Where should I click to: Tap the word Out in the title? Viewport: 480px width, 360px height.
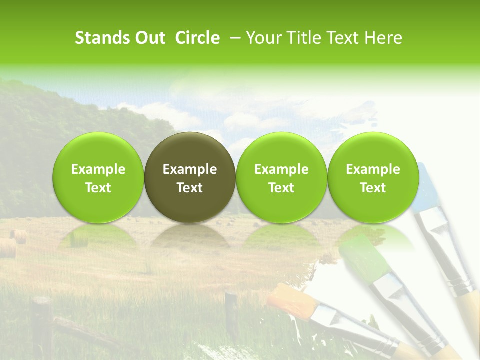click(149, 38)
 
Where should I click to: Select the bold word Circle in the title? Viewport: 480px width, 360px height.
click(197, 38)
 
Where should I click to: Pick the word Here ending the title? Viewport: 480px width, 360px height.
click(383, 38)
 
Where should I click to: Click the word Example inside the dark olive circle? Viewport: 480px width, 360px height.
click(190, 169)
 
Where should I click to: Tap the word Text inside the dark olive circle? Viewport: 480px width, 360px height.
click(190, 188)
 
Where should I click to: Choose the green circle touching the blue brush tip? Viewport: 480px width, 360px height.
click(373, 177)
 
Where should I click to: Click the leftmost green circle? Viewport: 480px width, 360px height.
click(98, 177)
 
